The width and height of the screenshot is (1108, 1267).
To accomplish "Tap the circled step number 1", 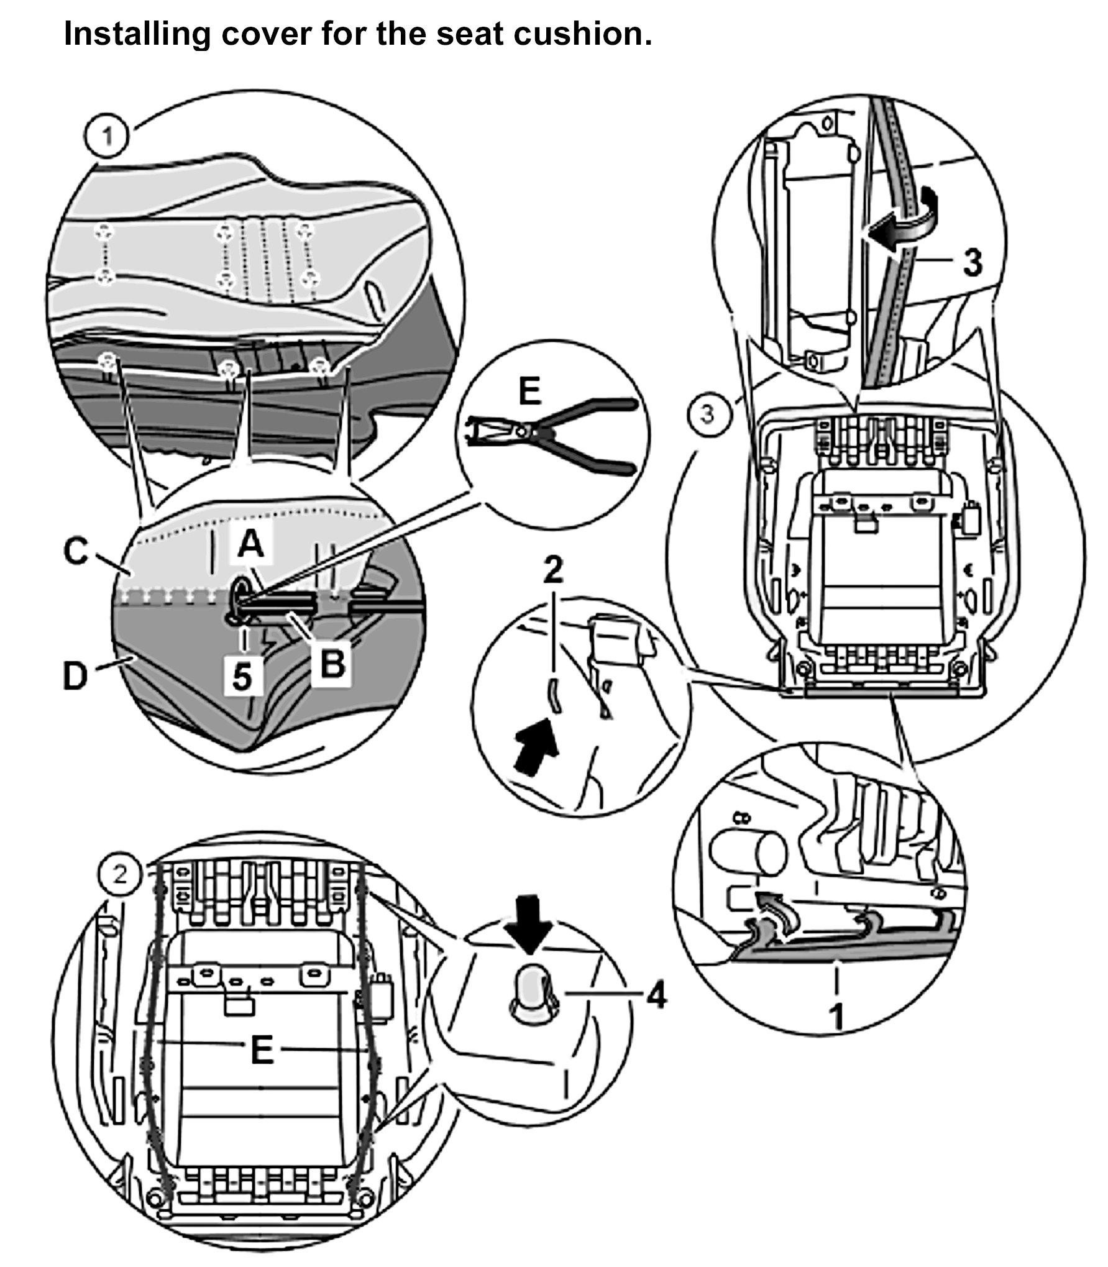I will click(108, 136).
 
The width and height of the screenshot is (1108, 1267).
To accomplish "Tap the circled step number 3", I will click(707, 414).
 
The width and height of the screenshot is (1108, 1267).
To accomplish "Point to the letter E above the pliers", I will click(529, 392).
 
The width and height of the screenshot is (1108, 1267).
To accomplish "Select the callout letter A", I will click(251, 547).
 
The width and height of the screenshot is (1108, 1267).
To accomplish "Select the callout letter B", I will click(331, 664).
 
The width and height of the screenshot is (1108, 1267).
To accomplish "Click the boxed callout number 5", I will click(243, 675).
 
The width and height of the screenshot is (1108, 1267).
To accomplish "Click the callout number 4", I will click(656, 998).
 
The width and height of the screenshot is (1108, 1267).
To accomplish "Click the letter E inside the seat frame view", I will click(262, 1050).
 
